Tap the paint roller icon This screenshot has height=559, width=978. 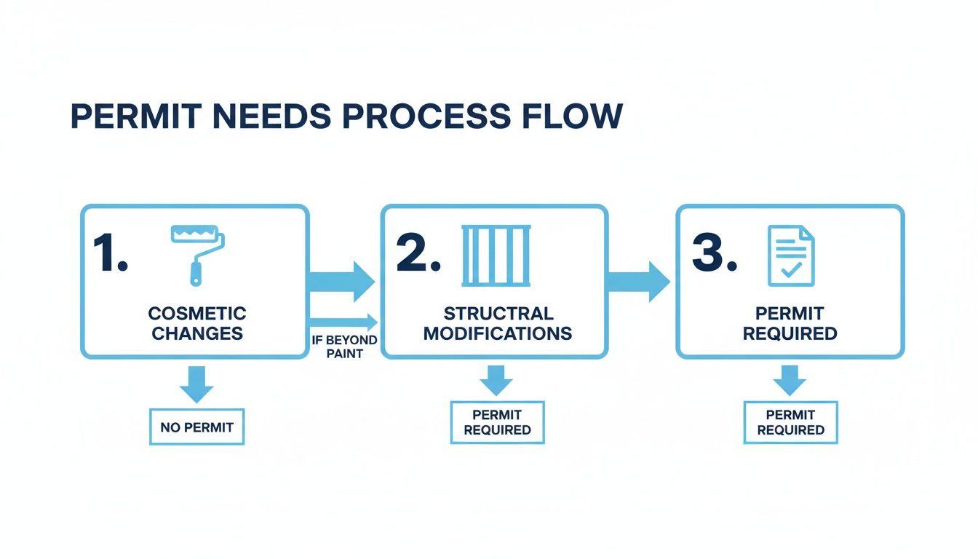(x=197, y=252)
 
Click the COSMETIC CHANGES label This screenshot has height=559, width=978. (x=196, y=324)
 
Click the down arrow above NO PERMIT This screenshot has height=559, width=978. (x=196, y=383)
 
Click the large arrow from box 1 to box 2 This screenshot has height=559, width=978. (x=342, y=281)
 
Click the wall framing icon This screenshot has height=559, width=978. (x=496, y=255)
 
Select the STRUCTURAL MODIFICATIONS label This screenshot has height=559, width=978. (x=498, y=324)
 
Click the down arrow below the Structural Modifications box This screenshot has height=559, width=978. (x=496, y=379)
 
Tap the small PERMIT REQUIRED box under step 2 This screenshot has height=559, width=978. (x=497, y=422)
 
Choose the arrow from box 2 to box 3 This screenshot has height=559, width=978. (x=637, y=281)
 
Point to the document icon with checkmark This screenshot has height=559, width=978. (x=791, y=255)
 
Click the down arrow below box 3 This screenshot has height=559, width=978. (x=790, y=379)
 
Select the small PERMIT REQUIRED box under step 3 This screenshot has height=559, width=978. (x=790, y=422)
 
